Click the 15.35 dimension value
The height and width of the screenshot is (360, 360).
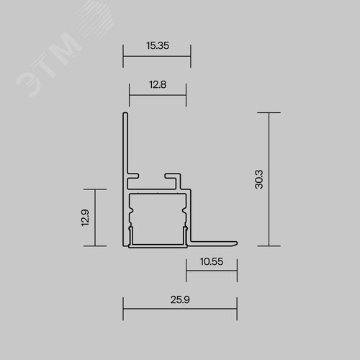[157, 45]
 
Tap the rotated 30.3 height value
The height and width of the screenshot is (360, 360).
[258, 179]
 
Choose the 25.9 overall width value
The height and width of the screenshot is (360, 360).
[179, 298]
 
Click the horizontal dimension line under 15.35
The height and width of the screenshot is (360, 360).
[157, 55]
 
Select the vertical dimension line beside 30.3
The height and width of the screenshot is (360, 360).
[269, 179]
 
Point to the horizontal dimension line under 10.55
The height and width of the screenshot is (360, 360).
[211, 273]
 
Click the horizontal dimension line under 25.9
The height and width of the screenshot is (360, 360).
[179, 310]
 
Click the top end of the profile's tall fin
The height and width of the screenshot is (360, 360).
[125, 114]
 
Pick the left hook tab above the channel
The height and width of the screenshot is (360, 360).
[135, 176]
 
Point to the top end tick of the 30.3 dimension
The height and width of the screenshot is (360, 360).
[269, 113]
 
